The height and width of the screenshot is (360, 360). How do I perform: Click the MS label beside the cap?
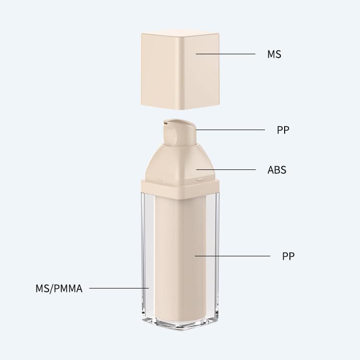tap(274, 54)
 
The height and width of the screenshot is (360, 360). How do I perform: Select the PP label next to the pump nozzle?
tap(283, 130)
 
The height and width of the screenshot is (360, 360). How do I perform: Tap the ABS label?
tap(277, 170)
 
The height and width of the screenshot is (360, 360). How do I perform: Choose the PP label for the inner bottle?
tap(288, 256)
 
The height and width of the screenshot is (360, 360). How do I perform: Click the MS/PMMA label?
tap(59, 288)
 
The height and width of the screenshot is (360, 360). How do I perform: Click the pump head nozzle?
tap(180, 132)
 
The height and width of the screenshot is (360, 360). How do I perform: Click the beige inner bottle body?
tap(180, 259)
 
